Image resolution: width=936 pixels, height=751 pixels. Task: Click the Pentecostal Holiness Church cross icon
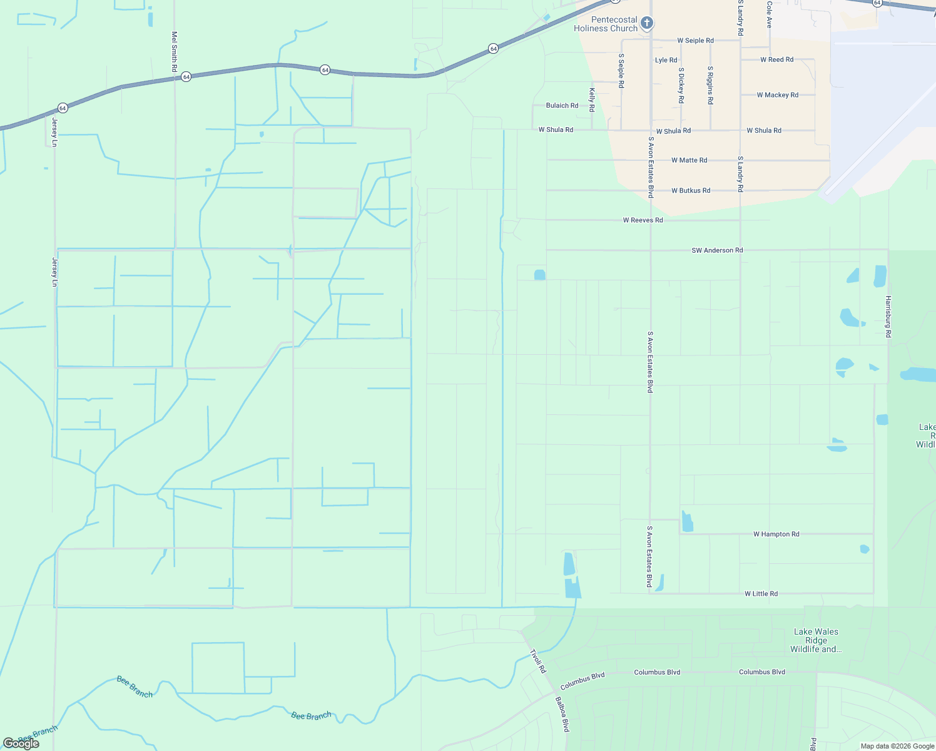coord(647,24)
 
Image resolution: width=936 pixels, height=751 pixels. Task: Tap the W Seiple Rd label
coord(695,41)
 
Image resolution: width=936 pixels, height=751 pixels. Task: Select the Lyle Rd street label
coord(666,60)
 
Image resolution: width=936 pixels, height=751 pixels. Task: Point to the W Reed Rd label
coord(776,59)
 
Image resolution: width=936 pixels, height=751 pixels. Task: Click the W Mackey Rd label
coord(777,95)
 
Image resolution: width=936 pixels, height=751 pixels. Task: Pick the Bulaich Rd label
coord(562,105)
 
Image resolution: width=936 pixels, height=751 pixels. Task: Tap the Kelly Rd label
coord(592,100)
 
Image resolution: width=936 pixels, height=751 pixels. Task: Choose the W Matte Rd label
coord(689,160)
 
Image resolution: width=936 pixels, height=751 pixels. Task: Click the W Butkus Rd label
coord(691,190)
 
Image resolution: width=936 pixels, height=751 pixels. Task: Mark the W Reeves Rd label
coord(643,220)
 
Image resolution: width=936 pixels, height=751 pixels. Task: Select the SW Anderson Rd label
coord(717,250)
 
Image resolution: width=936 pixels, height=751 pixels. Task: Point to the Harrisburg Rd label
coord(888,317)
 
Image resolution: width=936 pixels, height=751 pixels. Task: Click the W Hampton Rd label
coord(776,534)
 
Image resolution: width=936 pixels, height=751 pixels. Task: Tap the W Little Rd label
coord(761,594)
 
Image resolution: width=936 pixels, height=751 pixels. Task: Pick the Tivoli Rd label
coord(538,661)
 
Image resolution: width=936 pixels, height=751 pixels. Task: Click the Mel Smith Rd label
coord(175,51)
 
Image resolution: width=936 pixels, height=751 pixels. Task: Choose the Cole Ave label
coord(770,15)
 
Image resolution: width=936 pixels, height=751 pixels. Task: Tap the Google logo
coord(21,743)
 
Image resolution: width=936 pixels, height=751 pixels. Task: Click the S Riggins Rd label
coord(710,85)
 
